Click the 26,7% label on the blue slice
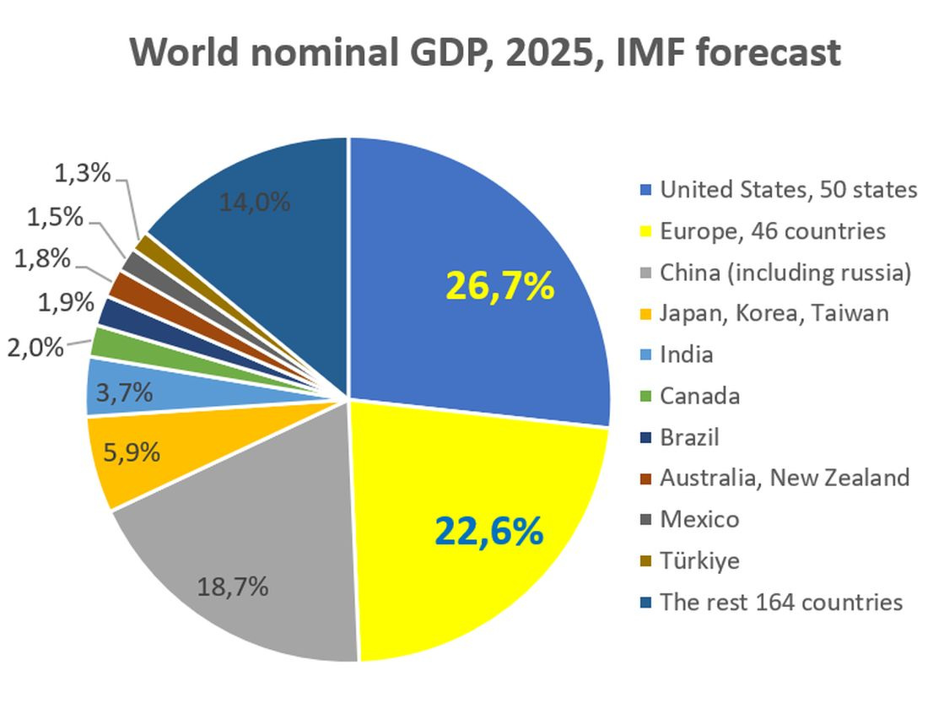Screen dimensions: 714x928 499,287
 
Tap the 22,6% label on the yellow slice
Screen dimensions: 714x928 488,531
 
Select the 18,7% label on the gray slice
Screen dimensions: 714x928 233,586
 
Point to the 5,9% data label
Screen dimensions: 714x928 132,452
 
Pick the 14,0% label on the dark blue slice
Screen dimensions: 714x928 255,203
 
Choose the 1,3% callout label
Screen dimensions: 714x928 83,174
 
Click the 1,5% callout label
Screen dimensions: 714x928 56,217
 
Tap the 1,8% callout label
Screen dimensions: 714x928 42,258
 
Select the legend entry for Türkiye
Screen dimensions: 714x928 699,560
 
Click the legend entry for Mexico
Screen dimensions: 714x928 699,519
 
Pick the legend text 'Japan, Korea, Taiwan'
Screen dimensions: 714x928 774,313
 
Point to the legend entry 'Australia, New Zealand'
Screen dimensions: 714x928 785,478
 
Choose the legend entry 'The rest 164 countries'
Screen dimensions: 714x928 781,602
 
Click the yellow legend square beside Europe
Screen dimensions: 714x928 645,232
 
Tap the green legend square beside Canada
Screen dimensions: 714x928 645,397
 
